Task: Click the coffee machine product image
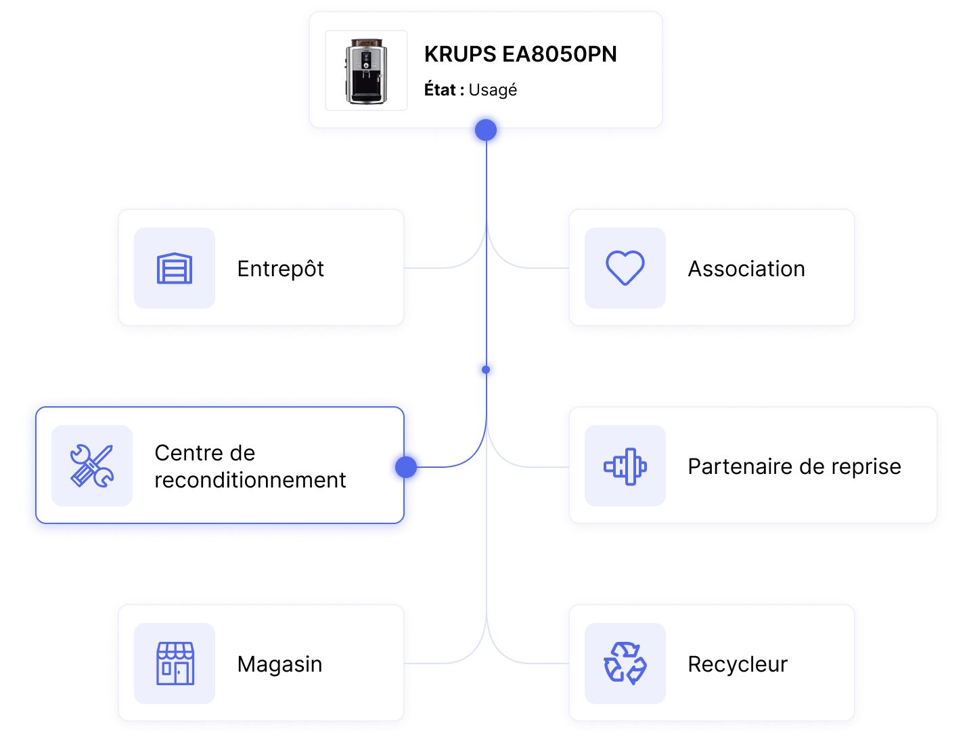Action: pyautogui.click(x=366, y=70)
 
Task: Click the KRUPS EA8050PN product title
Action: pyautogui.click(x=520, y=54)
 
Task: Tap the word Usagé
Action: pyautogui.click(x=493, y=90)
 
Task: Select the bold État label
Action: pyautogui.click(x=440, y=90)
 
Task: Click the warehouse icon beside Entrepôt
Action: pyautogui.click(x=175, y=268)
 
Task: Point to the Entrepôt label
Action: pyautogui.click(x=280, y=269)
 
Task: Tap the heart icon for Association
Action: pyautogui.click(x=625, y=268)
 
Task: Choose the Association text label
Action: pyautogui.click(x=746, y=269)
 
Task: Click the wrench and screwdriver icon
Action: pyautogui.click(x=92, y=466)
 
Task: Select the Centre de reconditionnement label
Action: pyautogui.click(x=250, y=466)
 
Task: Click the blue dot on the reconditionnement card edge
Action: pyautogui.click(x=409, y=467)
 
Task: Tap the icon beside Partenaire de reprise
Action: pyautogui.click(x=625, y=466)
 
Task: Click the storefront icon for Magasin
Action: pyautogui.click(x=175, y=664)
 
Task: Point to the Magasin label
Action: pyautogui.click(x=279, y=664)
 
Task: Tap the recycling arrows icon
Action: pyautogui.click(x=625, y=664)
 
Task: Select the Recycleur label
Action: pyautogui.click(x=738, y=664)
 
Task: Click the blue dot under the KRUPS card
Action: pyautogui.click(x=486, y=133)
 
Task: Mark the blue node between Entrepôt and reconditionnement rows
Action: pyautogui.click(x=486, y=370)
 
